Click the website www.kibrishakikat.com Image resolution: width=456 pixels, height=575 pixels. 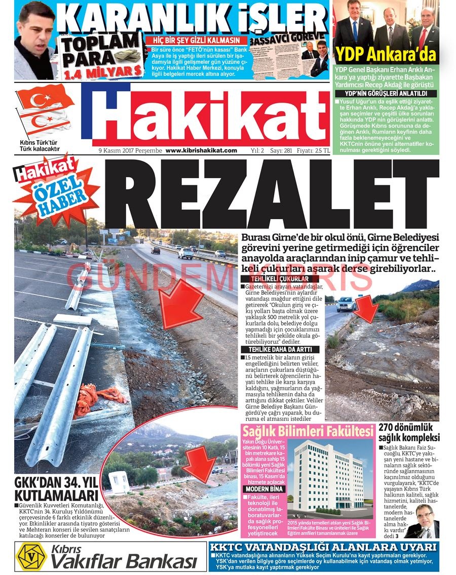pos(201,150)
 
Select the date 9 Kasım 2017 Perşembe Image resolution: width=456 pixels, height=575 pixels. pos(130,150)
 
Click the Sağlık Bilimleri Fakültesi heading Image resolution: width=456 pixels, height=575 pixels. pos(308,432)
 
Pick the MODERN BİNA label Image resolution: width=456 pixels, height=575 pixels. pos(263,489)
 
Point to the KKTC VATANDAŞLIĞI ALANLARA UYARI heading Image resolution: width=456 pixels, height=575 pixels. pos(323,547)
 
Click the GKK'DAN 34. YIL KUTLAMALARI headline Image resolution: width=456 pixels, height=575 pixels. pos(56,489)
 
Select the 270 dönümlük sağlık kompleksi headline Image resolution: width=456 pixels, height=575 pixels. pos(409,432)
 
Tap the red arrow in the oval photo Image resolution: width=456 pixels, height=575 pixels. pos(200,464)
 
